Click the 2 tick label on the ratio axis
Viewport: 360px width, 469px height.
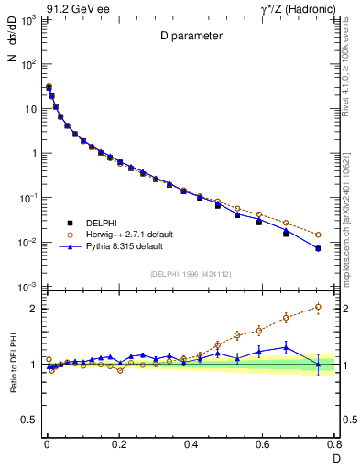35,309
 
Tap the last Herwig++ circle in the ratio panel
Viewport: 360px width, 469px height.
318,306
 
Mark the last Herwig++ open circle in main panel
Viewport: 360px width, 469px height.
318,234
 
